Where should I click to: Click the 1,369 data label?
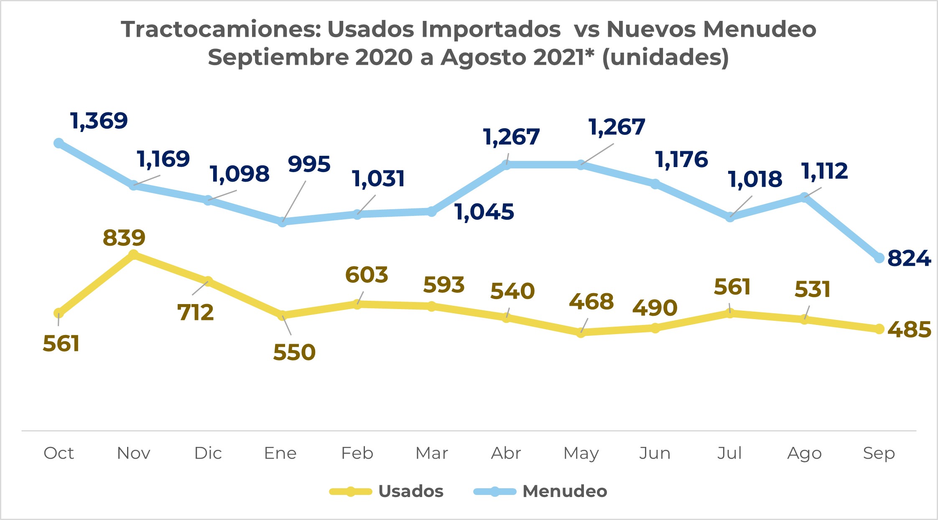pos(99,121)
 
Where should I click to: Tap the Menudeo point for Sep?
pos(879,258)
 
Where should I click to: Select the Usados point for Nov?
pos(133,255)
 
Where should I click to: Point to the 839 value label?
pos(124,238)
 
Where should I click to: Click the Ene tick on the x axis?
pos(280,453)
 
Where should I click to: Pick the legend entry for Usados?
pos(410,491)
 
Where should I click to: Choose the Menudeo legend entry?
pos(564,491)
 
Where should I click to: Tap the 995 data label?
pos(309,164)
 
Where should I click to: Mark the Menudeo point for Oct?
pos(59,143)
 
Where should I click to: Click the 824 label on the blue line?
pos(909,259)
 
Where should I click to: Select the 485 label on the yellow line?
pos(909,330)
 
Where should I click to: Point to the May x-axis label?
pos(581,453)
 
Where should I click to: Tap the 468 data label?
pos(591,302)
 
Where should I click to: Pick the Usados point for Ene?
pos(283,315)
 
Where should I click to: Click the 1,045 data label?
pos(484,212)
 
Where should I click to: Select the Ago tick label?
pos(804,453)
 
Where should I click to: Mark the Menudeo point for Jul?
pos(730,217)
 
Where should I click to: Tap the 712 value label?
pos(196,313)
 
